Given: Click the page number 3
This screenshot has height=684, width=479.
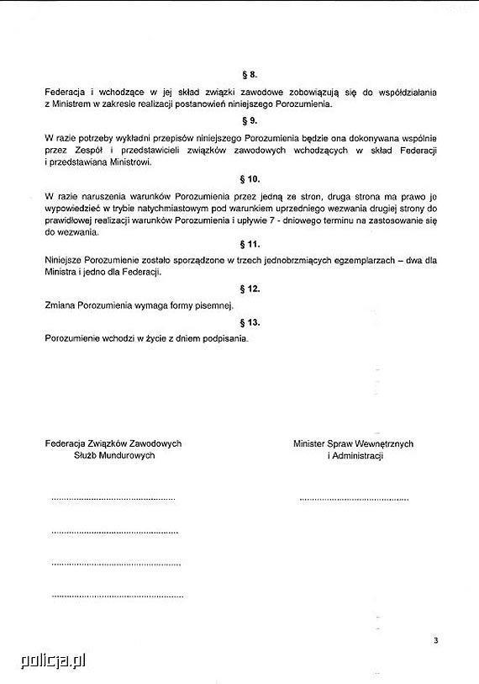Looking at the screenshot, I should [x=436, y=641].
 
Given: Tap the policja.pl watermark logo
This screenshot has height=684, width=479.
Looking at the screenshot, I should [x=44, y=661].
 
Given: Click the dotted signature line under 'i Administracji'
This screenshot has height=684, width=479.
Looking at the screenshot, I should [x=353, y=500].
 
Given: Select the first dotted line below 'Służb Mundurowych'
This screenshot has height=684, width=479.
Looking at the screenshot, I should [x=113, y=500].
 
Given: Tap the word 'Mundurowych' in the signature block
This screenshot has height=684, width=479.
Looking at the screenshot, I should [x=128, y=455].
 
